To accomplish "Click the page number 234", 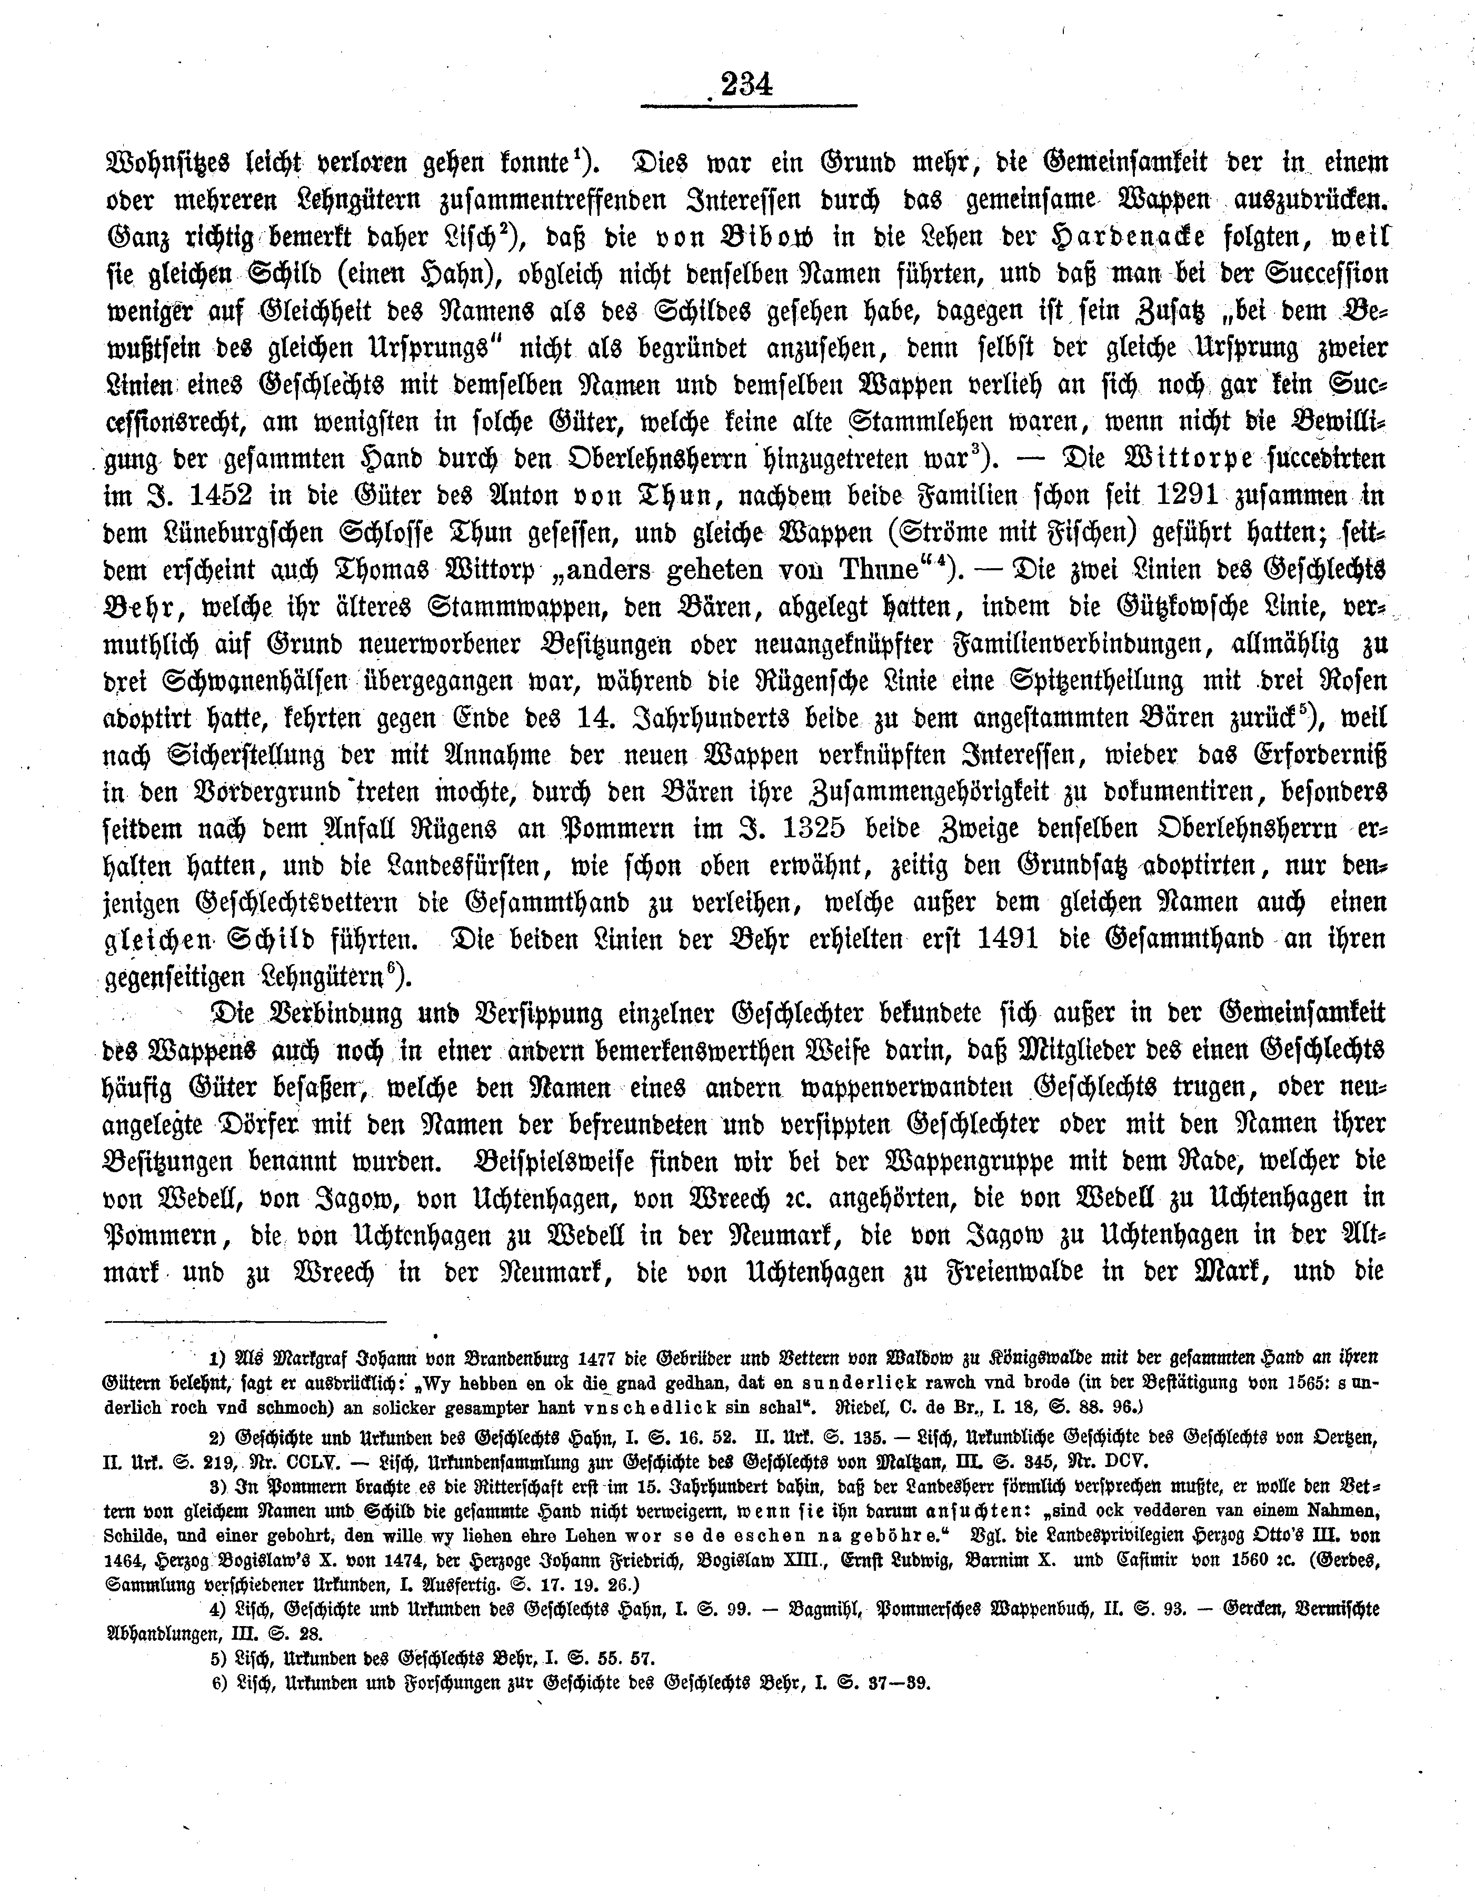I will point(747,84).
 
